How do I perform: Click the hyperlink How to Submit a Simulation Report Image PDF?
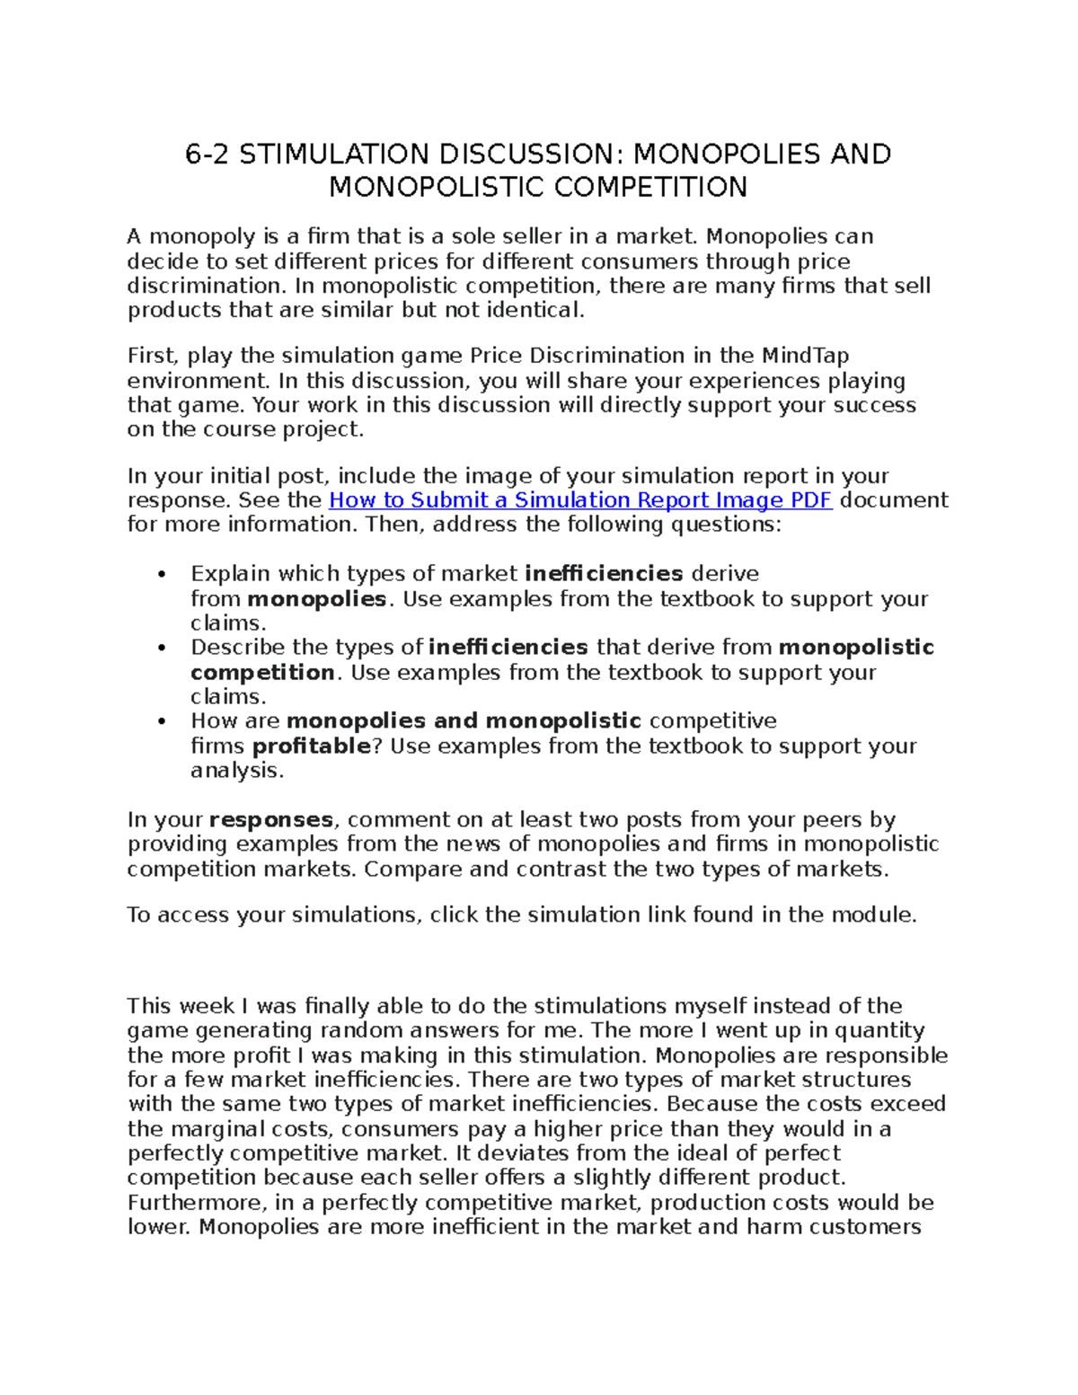pyautogui.click(x=580, y=500)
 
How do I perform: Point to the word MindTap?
pyautogui.click(x=805, y=356)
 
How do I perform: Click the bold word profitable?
pyautogui.click(x=311, y=746)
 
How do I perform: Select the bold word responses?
pyautogui.click(x=271, y=820)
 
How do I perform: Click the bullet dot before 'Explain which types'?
pyautogui.click(x=162, y=575)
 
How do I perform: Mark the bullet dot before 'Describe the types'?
pyautogui.click(x=162, y=649)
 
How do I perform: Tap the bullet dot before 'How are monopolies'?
pyautogui.click(x=162, y=722)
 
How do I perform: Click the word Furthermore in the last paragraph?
pyautogui.click(x=191, y=1203)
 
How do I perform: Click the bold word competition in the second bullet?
pyautogui.click(x=262, y=673)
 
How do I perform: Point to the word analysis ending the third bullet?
pyautogui.click(x=236, y=771)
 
